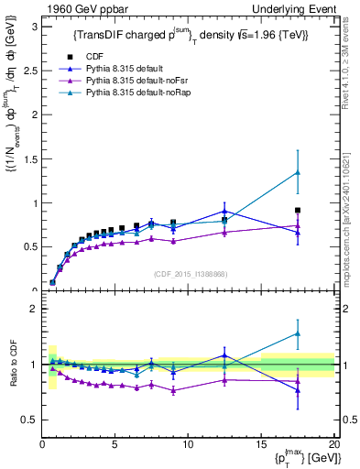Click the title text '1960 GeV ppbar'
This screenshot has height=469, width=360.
pyautogui.click(x=80, y=8)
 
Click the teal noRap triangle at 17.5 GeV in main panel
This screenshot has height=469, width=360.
pyautogui.click(x=298, y=172)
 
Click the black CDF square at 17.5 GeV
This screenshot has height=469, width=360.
pyautogui.click(x=298, y=210)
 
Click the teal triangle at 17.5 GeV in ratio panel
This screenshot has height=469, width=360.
pyautogui.click(x=298, y=333)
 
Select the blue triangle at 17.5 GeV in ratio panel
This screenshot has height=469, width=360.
pyautogui.click(x=298, y=390)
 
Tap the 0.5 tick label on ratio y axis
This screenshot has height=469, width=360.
pyautogui.click(x=30, y=420)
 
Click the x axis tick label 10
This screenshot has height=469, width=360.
pyautogui.click(x=188, y=444)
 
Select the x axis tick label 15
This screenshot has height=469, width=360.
pyautogui.click(x=261, y=444)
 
